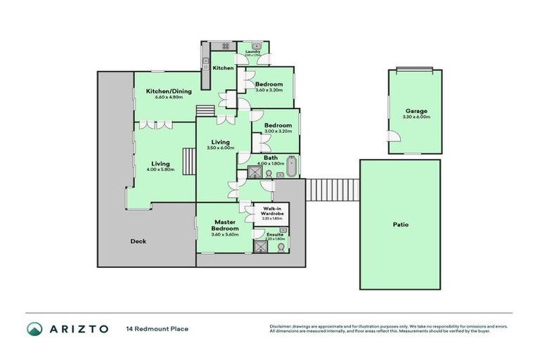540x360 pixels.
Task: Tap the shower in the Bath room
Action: [252, 171]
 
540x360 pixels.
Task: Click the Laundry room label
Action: [253, 51]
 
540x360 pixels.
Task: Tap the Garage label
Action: [416, 110]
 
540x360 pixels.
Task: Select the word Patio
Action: [400, 225]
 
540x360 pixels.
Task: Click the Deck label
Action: [139, 241]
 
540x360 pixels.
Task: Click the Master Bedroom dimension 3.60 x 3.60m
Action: [225, 234]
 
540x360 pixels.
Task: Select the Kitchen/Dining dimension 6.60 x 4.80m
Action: [164, 98]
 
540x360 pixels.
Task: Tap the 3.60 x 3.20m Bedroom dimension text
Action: [269, 90]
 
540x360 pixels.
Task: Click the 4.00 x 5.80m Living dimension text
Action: [160, 169]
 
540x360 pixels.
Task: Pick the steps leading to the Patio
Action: [333, 189]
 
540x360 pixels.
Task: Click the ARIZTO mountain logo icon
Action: [35, 328]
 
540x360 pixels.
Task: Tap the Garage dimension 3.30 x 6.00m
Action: [416, 117]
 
